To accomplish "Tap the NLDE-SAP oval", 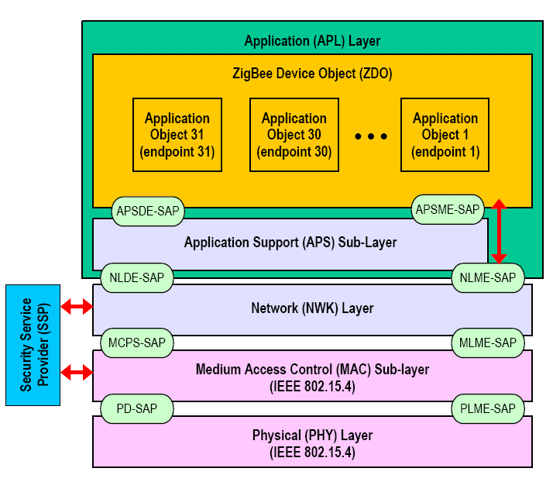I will tap(136, 277).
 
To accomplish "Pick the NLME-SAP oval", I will tap(488, 277).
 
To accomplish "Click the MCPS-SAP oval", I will tap(137, 342).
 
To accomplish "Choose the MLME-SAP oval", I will tap(488, 342).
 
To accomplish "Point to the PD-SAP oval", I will tap(137, 408).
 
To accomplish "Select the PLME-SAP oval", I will tap(488, 408).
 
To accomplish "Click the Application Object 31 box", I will tap(177, 135).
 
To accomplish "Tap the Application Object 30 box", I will tap(294, 135).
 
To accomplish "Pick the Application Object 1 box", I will tap(445, 135).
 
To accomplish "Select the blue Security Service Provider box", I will tap(33, 345).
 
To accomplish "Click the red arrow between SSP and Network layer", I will tap(77, 307).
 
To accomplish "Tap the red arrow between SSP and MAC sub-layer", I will tap(77, 373).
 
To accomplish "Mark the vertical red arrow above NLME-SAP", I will tap(500, 231).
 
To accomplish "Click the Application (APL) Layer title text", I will tap(312, 41).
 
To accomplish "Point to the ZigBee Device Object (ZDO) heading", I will tap(312, 74).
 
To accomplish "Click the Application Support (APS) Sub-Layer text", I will tap(290, 243).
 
